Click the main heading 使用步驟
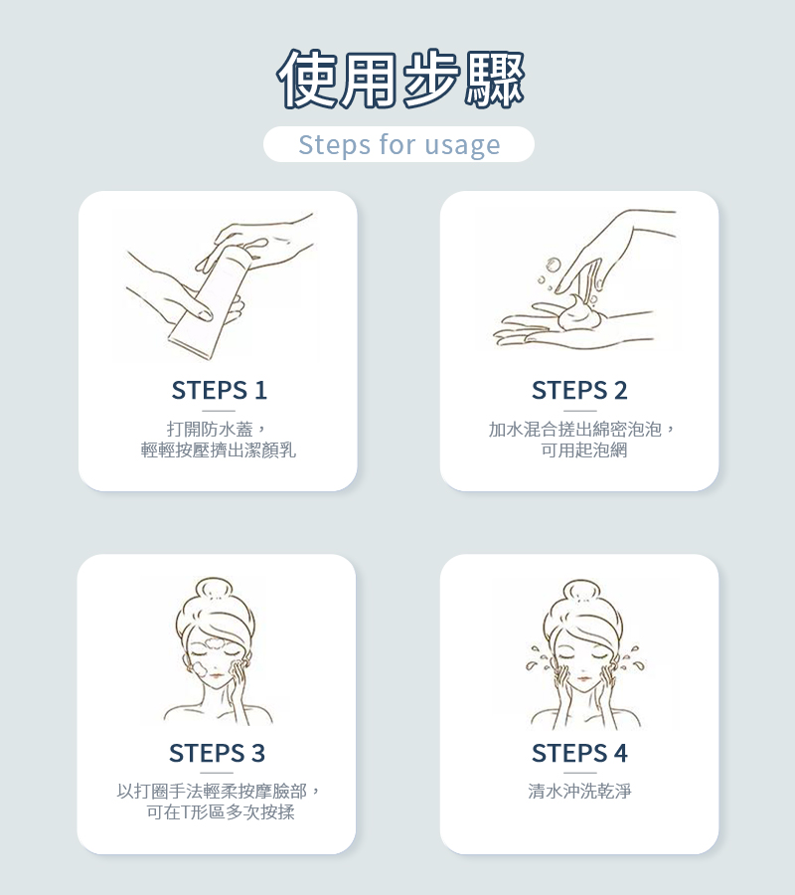400,79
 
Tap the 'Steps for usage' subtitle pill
398,144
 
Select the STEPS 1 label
219,391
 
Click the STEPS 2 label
579,391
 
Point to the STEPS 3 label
218,753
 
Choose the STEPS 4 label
579,753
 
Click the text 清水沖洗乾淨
579,792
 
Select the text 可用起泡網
584,449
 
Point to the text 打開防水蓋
210,429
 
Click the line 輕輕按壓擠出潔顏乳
219,449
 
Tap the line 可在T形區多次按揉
221,811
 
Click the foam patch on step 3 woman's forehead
214,644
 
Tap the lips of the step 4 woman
583,678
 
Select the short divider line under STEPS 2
579,411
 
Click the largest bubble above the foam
553,266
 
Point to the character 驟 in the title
494,80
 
